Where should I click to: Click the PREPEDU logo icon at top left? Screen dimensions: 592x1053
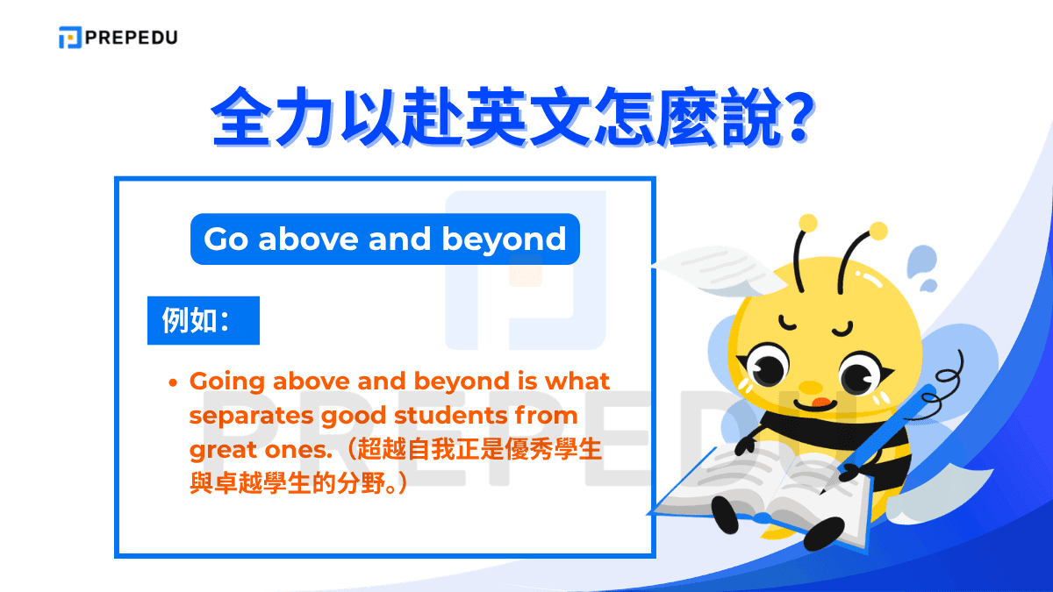tap(70, 38)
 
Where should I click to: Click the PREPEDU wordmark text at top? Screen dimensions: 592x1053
tap(131, 38)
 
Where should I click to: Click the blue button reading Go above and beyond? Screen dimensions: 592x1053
tap(384, 239)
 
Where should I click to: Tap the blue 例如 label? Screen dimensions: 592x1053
tap(203, 321)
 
